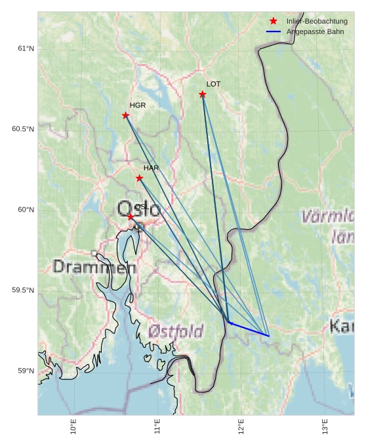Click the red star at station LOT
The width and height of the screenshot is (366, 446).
click(x=202, y=94)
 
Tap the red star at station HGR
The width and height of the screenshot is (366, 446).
click(x=125, y=115)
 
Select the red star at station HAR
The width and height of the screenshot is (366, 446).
click(x=139, y=178)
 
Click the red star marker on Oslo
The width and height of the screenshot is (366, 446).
click(x=131, y=216)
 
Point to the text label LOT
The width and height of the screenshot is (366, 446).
click(x=213, y=84)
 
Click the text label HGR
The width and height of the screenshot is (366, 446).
click(x=138, y=105)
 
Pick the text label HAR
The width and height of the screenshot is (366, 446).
click(x=151, y=168)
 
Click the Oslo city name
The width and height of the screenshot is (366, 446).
click(x=138, y=210)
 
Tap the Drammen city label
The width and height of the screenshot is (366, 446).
click(x=94, y=267)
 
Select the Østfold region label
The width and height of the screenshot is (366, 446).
click(x=175, y=331)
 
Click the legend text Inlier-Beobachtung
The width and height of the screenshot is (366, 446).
click(x=317, y=21)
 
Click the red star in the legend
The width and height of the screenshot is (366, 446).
click(x=274, y=21)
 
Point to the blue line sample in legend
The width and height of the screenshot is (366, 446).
click(x=274, y=31)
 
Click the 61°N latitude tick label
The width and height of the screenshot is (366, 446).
click(x=26, y=48)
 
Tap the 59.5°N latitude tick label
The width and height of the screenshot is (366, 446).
click(x=23, y=290)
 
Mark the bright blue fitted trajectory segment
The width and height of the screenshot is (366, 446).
click(x=249, y=329)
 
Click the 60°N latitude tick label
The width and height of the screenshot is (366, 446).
click(x=26, y=210)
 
